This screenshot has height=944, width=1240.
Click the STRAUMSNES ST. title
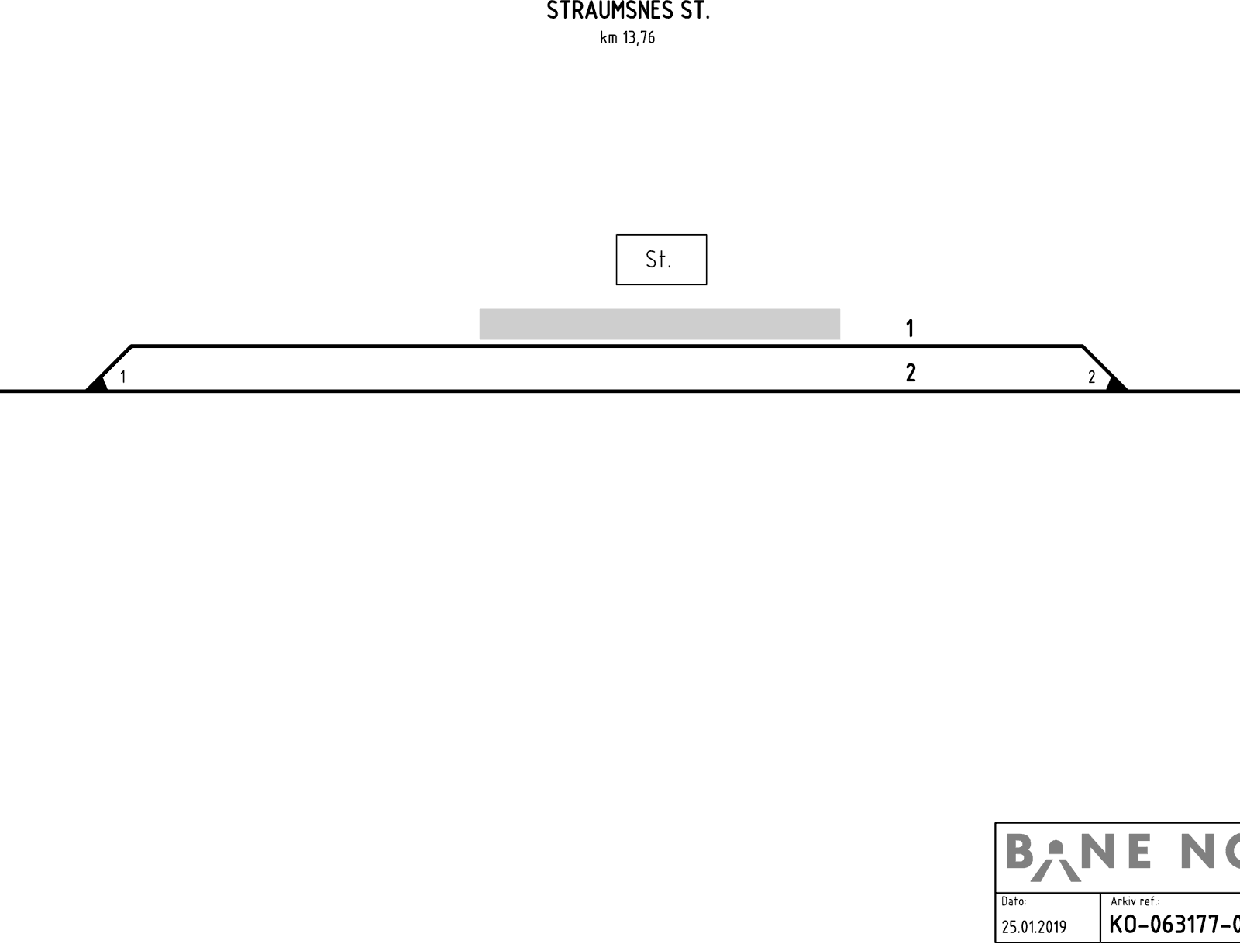pos(628,10)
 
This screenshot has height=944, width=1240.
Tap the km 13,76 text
pos(627,38)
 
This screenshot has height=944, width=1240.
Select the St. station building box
pos(661,260)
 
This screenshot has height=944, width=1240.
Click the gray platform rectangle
pos(660,324)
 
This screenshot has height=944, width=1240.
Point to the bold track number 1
pos(910,328)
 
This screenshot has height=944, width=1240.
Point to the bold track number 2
pos(911,373)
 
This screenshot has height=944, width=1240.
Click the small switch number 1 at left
pos(123,377)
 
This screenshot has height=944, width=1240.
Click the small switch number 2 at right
pos(1091,377)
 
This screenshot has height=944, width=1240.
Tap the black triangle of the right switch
pos(1117,384)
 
